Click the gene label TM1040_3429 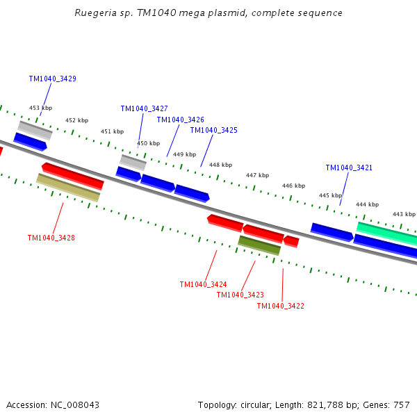coord(53,79)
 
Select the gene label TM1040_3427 coord(144,109)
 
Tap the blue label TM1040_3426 coord(180,120)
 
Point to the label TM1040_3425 coord(213,131)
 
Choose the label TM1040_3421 coord(349,168)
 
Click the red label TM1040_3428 coord(51,238)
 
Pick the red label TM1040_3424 coord(203,285)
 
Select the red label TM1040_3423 coord(240,295)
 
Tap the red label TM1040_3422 coord(280,306)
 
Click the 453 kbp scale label coord(40,108)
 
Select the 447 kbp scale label coord(257,176)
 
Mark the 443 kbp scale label coord(404,215)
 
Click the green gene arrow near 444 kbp coord(386,233)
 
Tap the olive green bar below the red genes coord(259,245)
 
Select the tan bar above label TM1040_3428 coord(67,187)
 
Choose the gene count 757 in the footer coord(402,405)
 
